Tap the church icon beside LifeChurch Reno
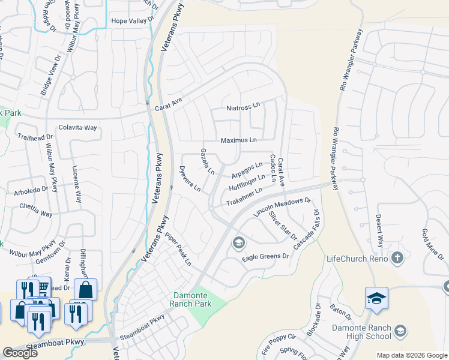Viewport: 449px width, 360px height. (x=396, y=259)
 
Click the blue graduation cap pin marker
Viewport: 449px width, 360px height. (x=376, y=299)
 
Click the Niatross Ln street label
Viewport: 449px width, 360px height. (x=243, y=108)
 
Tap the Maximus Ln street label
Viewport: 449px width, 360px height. (x=238, y=140)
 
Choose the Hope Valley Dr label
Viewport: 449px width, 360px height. (x=132, y=21)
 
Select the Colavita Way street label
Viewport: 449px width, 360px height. (x=77, y=128)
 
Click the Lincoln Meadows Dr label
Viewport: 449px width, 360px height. (x=283, y=207)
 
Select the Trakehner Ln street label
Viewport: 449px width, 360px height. (x=244, y=197)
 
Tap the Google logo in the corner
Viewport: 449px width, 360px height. (x=20, y=353)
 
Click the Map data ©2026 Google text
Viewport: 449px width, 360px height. (x=412, y=355)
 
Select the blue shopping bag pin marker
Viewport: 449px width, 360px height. (x=85, y=289)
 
